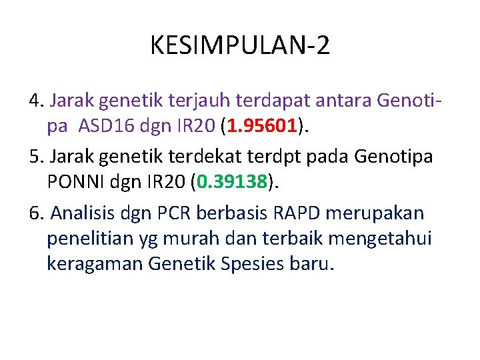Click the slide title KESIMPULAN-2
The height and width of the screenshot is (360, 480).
[240, 46]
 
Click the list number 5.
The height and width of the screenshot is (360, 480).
[35, 157]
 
